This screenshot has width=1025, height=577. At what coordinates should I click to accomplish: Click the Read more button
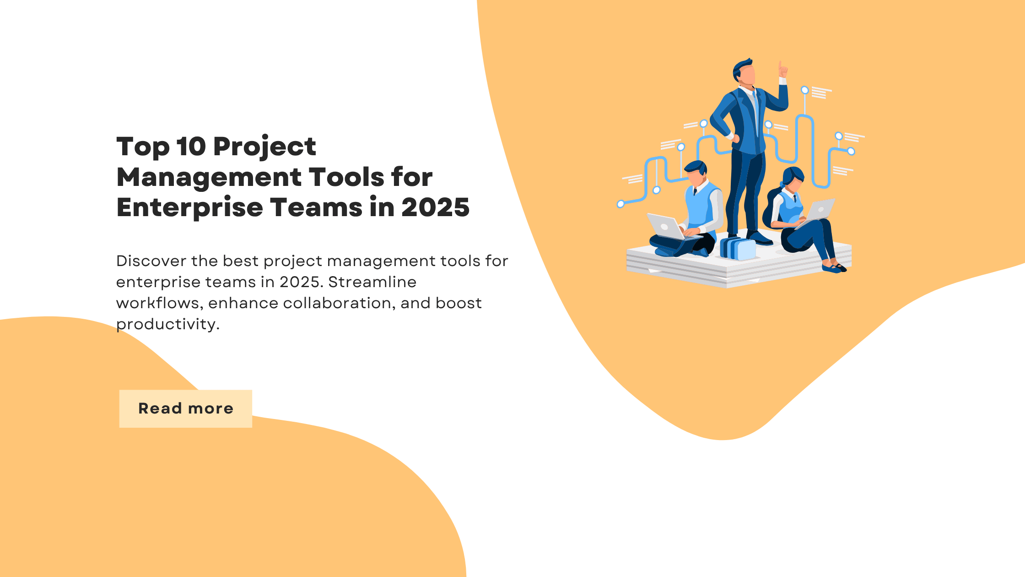[x=185, y=408]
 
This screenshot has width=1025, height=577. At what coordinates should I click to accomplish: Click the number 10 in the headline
[x=191, y=147]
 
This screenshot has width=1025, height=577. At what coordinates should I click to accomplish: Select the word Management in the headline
[x=209, y=178]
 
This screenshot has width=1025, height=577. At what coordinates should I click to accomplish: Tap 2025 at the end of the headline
[x=435, y=207]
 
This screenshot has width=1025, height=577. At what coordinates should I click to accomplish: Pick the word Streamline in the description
[x=372, y=282]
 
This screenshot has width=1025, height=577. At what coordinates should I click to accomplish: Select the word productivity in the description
[x=167, y=324]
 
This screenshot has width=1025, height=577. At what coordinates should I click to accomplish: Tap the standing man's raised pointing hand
[x=782, y=70]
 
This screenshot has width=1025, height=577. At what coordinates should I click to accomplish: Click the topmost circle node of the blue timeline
[x=804, y=90]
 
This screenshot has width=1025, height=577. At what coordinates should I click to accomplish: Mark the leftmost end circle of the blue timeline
[x=620, y=204]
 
